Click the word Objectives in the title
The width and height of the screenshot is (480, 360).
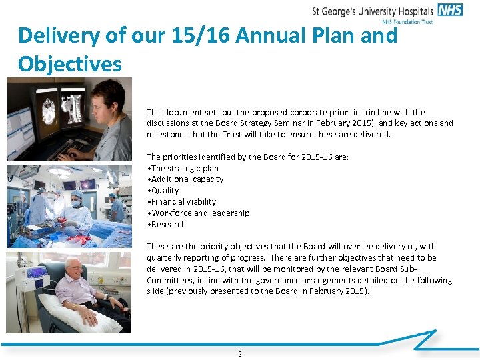70,64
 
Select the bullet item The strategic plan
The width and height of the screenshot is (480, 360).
183,168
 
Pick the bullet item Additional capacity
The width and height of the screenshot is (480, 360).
186,179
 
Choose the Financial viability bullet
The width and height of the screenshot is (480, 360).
182,202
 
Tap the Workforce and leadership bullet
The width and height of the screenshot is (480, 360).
199,213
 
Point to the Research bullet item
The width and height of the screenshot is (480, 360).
167,225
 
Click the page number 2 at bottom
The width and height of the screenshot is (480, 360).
240,354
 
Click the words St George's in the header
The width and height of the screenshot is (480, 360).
337,11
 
